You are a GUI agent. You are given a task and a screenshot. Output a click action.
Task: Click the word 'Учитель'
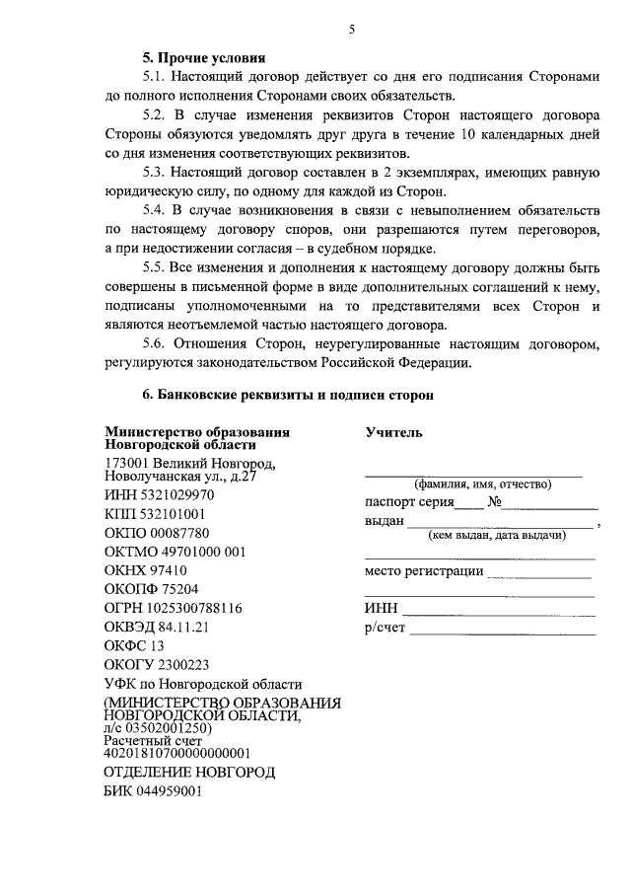click(x=393, y=432)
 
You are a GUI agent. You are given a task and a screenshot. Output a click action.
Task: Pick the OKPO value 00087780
click(x=182, y=532)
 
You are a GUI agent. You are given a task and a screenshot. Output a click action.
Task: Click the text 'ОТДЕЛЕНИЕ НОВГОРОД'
click(x=189, y=772)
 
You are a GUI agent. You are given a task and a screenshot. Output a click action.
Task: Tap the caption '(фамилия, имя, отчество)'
click(x=482, y=484)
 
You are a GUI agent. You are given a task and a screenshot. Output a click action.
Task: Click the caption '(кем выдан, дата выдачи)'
click(x=496, y=536)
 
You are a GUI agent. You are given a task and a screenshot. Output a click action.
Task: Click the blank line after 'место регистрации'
click(x=538, y=574)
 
